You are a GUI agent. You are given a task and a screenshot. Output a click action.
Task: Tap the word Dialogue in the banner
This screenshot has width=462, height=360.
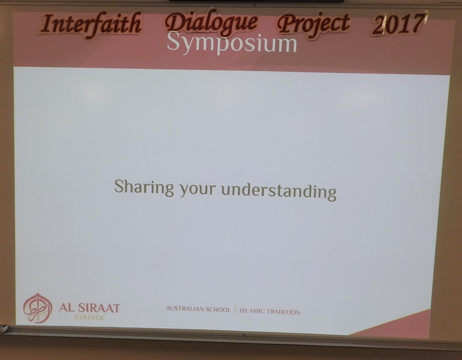[211, 23]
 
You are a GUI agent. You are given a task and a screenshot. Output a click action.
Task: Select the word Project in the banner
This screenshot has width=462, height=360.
[314, 25]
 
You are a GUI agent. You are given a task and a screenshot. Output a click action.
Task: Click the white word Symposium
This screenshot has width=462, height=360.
[232, 43]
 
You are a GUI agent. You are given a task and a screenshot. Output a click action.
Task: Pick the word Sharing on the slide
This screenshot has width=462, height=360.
[144, 187]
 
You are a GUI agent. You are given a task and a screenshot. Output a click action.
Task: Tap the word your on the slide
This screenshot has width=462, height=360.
[198, 190]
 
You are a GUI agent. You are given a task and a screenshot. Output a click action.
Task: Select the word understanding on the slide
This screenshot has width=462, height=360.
[279, 192]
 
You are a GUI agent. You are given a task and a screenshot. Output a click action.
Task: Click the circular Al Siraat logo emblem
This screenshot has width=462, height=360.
[38, 308]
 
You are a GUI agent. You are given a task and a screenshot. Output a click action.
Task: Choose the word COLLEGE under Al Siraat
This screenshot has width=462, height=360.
[90, 317]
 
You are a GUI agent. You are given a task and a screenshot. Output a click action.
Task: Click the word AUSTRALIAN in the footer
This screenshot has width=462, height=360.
[185, 309]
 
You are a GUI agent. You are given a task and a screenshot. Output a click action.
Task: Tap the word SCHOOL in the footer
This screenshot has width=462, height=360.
[218, 310]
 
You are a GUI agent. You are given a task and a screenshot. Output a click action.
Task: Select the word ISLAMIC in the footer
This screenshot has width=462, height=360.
[251, 311]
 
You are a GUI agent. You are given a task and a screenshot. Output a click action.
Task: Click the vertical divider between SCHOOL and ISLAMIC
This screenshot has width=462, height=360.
[235, 310]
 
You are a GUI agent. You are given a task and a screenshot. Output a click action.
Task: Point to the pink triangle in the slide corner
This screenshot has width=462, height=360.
[404, 326]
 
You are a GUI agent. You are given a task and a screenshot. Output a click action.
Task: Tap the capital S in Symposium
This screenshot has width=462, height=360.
[174, 42]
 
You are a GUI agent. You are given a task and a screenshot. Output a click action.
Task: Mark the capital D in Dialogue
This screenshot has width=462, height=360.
[176, 22]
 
